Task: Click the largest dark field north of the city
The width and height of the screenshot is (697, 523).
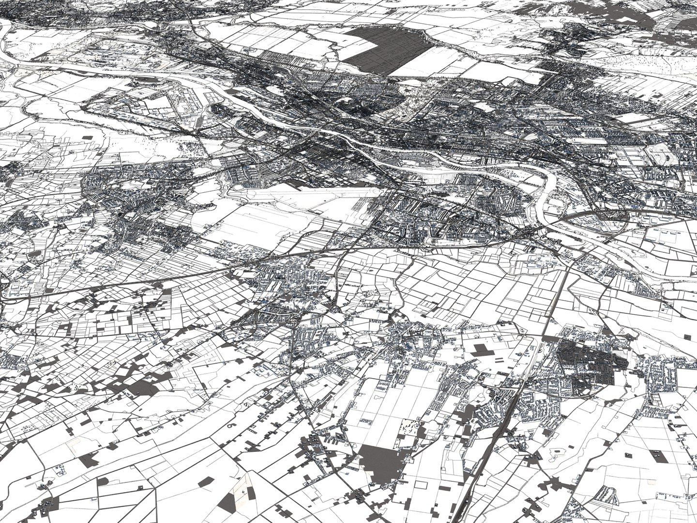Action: pos(387,48)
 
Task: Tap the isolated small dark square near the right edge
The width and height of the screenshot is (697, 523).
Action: pos(688,336)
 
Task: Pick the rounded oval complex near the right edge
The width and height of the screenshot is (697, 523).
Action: pos(658,155)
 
